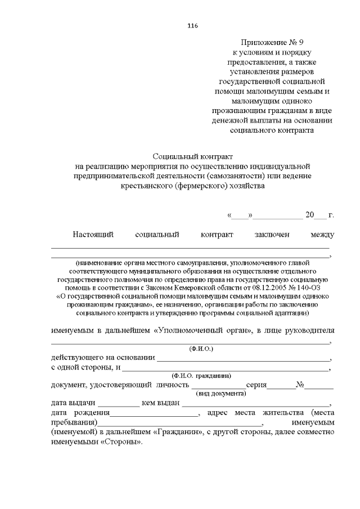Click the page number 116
point(192,25)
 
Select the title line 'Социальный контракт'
point(193,156)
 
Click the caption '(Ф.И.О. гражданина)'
point(201,375)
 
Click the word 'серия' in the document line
point(256,385)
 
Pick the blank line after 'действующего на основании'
point(243,359)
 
